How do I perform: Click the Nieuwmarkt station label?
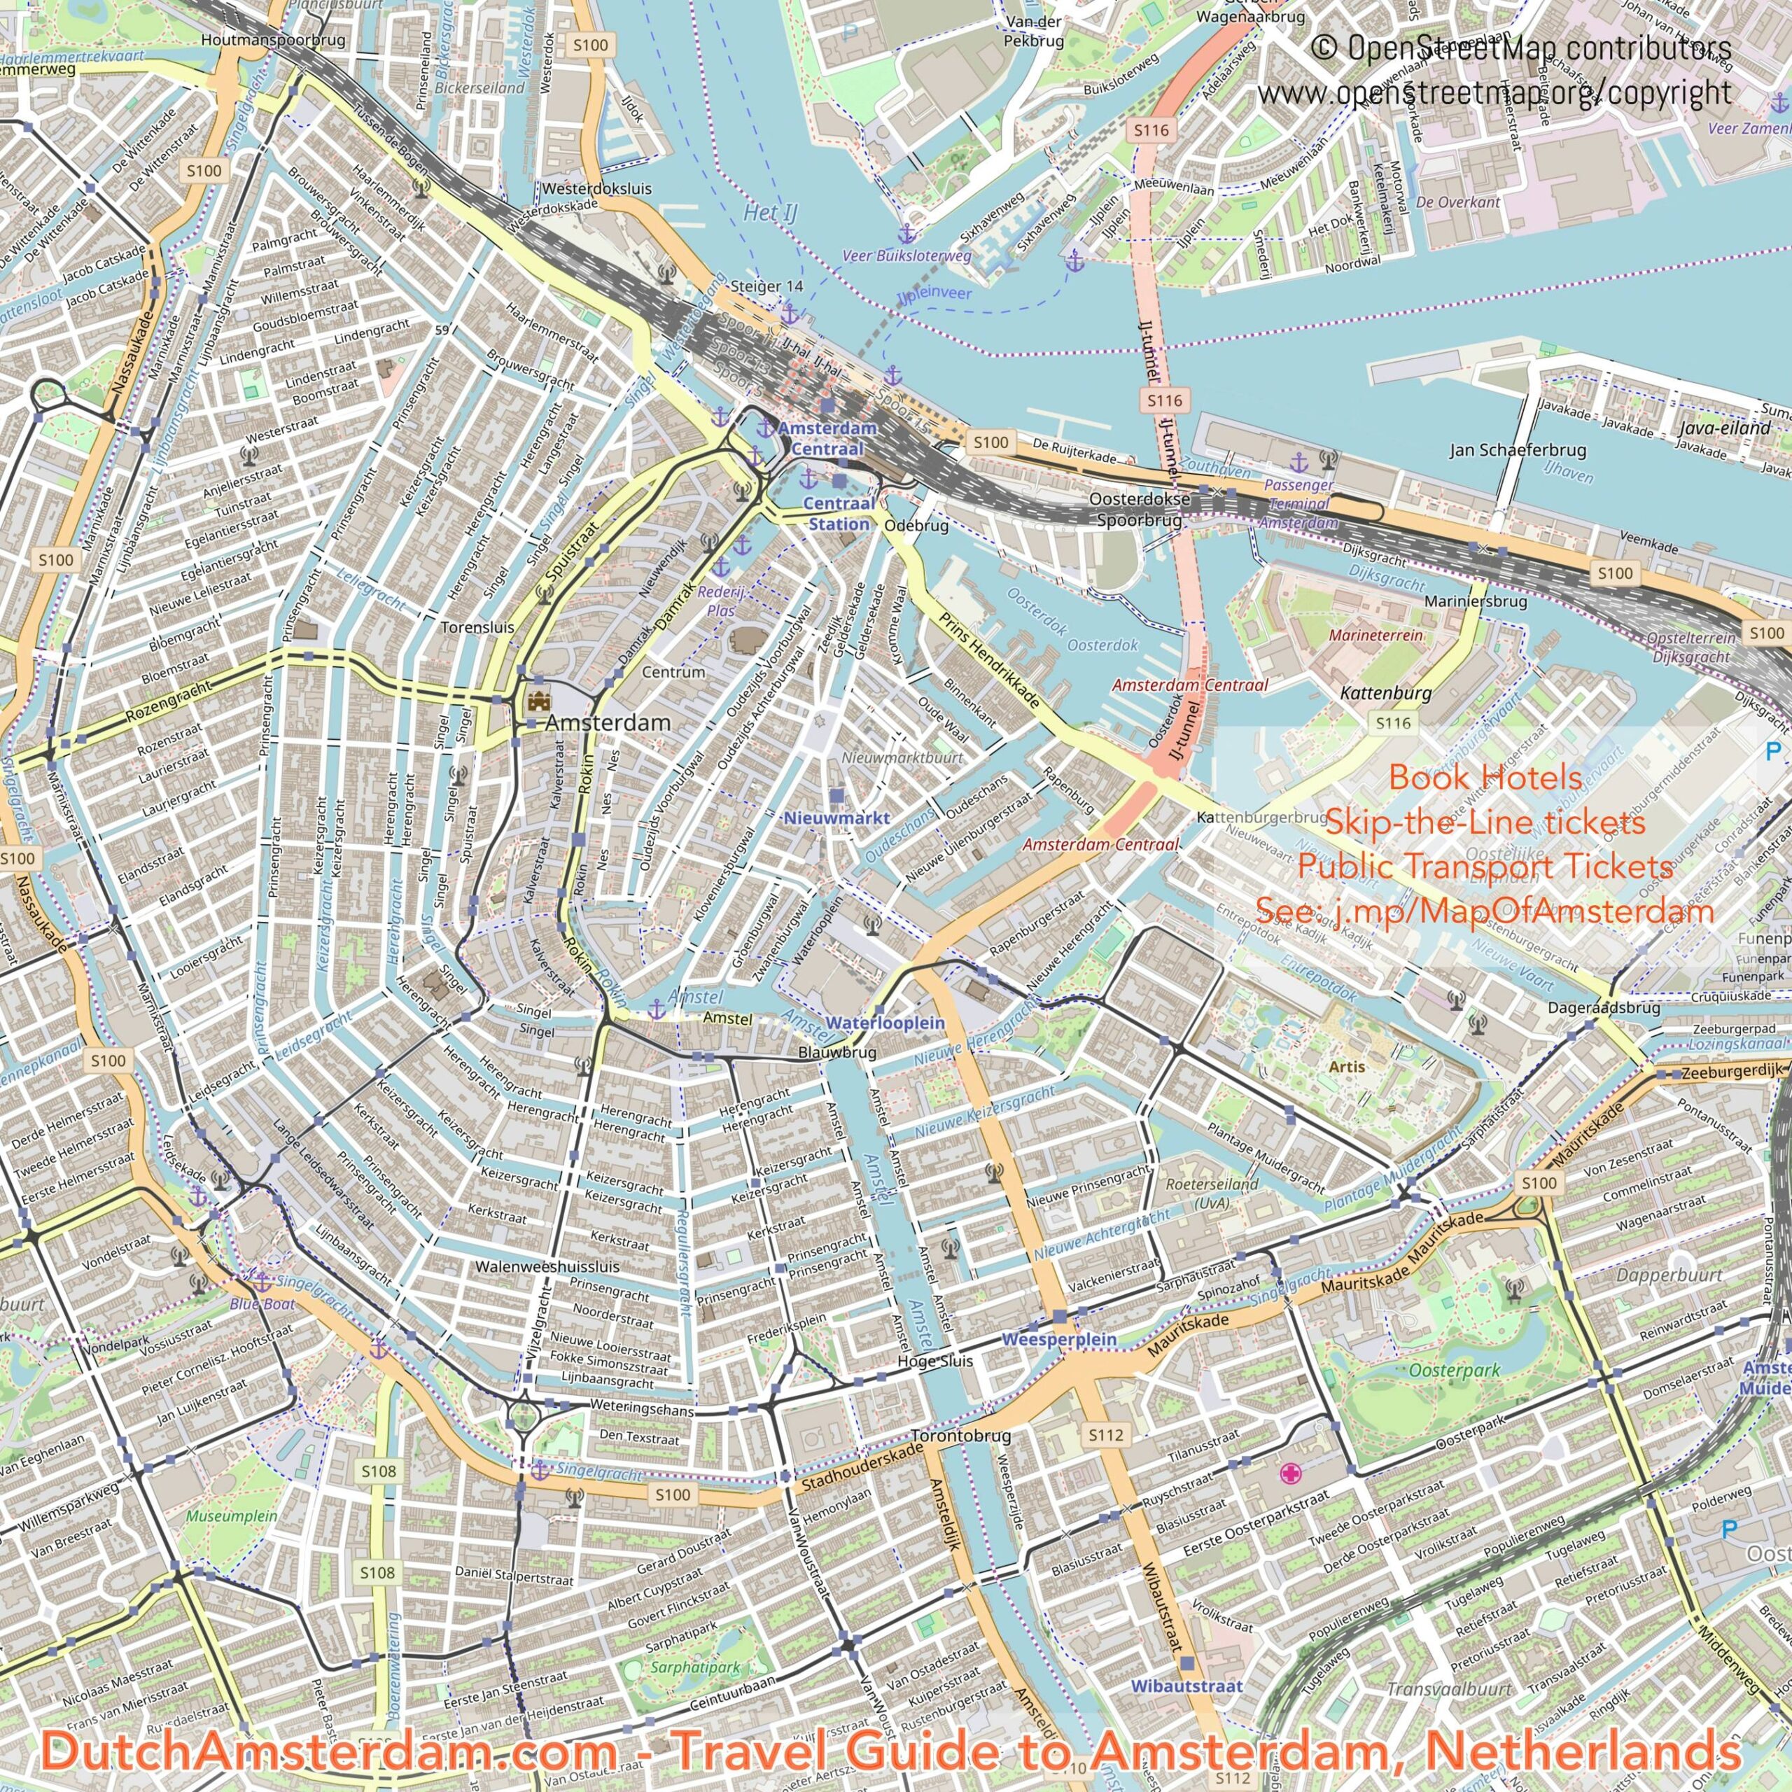(836, 818)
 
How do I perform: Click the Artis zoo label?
(1346, 1067)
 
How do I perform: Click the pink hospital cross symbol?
(1290, 1473)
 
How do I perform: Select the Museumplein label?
(232, 1515)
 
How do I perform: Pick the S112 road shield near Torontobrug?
(1105, 1435)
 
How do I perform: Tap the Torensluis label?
(477, 627)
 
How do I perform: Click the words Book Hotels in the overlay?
(1484, 777)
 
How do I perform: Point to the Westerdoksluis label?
(596, 188)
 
